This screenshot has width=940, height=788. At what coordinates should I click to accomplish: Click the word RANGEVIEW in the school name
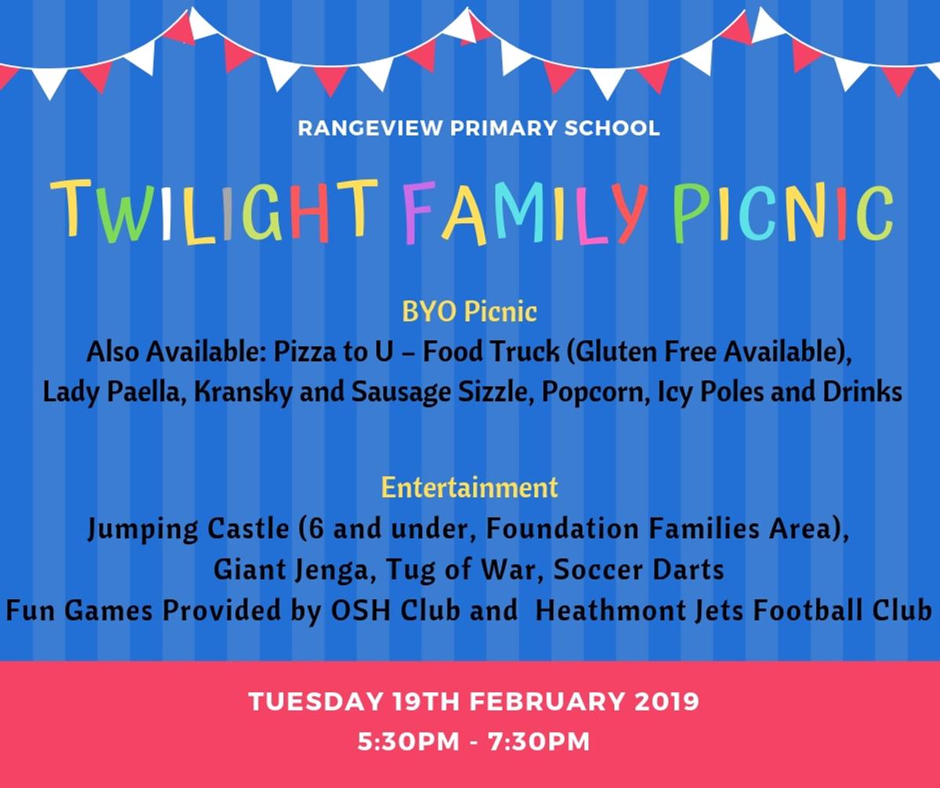(370, 128)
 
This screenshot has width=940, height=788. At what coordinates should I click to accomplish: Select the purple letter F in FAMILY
(419, 212)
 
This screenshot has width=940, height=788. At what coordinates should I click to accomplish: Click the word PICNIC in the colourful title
(783, 211)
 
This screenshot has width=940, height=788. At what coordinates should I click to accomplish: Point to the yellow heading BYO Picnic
(469, 311)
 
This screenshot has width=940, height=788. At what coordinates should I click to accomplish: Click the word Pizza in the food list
(305, 351)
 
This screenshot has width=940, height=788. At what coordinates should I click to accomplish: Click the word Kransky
(243, 392)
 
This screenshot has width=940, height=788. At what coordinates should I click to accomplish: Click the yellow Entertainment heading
(469, 487)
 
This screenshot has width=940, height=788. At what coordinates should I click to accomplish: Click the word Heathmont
(611, 611)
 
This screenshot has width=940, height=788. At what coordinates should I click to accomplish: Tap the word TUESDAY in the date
(315, 702)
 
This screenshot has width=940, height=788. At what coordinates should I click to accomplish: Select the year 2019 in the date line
(667, 702)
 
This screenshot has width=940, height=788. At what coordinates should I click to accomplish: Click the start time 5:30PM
(408, 742)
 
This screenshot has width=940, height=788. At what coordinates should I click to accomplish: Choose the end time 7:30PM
(539, 742)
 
